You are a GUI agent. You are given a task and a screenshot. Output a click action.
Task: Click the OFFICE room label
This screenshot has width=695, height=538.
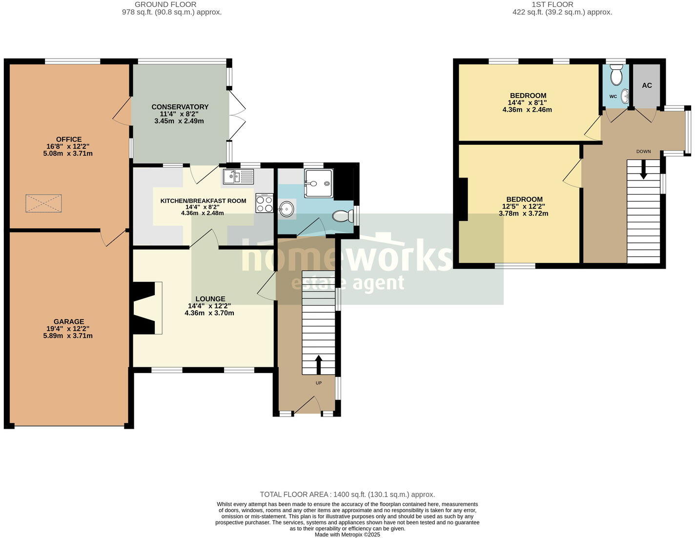(x=68, y=139)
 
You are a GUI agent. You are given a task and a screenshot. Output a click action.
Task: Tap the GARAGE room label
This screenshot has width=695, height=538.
(x=68, y=322)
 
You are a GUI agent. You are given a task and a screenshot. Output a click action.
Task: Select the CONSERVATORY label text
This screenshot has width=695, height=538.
(x=180, y=107)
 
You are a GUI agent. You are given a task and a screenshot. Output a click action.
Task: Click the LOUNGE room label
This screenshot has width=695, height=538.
(x=210, y=299)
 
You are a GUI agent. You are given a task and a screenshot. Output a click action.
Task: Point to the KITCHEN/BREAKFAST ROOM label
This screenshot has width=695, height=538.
(x=203, y=201)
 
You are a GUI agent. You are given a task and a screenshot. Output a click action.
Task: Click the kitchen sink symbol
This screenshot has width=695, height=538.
(x=238, y=176)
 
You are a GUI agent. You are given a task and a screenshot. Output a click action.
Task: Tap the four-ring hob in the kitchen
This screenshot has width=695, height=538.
(x=264, y=203)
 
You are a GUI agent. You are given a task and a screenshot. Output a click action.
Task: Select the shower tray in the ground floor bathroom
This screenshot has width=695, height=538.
(x=318, y=183)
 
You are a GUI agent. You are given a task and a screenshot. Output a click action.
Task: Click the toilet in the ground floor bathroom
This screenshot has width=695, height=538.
(x=343, y=216)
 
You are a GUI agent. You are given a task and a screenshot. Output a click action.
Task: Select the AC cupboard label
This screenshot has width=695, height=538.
(x=647, y=85)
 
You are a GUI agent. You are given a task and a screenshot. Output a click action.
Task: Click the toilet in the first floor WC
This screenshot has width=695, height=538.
(x=616, y=76)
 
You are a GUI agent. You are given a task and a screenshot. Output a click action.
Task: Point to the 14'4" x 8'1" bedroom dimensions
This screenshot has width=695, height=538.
(x=528, y=103)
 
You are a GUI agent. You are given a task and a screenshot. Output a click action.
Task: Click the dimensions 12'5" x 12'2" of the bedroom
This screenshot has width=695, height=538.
(x=525, y=206)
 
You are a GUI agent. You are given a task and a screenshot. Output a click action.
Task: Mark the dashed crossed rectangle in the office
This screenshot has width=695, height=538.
(x=44, y=203)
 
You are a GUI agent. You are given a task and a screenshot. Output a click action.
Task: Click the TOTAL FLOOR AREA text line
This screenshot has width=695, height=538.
(x=347, y=495)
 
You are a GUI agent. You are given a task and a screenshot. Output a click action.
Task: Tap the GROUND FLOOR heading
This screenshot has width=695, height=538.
(x=165, y=4)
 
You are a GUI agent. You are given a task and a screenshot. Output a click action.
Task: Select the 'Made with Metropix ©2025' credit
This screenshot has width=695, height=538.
(x=347, y=535)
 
